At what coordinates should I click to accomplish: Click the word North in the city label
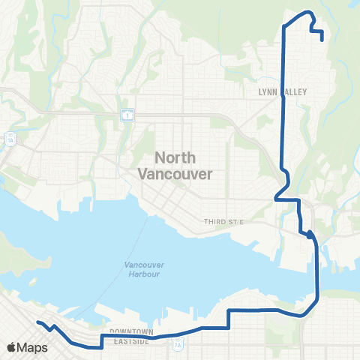[175, 157]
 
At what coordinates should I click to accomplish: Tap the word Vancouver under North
[175, 172]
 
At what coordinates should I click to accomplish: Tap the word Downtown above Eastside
[130, 331]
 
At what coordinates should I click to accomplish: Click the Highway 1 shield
[130, 115]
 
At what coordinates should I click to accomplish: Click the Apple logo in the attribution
[11, 347]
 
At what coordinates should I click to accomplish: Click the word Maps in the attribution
[33, 347]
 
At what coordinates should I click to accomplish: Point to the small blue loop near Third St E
[310, 234]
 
